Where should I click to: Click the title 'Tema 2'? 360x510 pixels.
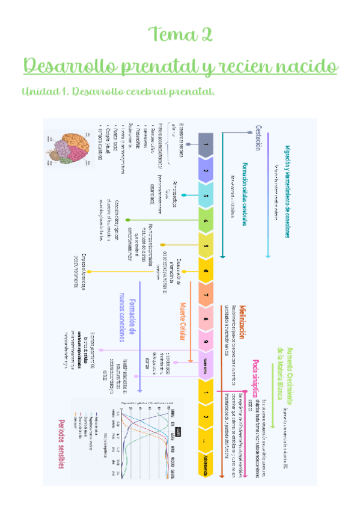click(x=180, y=34)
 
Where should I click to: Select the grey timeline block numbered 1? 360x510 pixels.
click(x=206, y=144)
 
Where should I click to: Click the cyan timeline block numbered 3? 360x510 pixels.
click(x=206, y=195)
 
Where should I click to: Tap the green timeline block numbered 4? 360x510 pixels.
click(x=206, y=221)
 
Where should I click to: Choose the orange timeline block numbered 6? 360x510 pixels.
click(x=206, y=271)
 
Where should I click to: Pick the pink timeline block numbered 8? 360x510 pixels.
click(x=206, y=319)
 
